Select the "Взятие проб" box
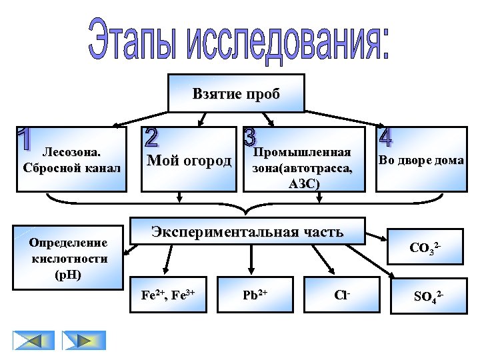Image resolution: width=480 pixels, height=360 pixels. tap(236, 93)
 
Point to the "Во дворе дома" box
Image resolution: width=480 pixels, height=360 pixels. tap(421, 160)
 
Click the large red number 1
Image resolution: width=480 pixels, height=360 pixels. tap(24, 139)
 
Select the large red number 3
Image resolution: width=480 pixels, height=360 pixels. tap(249, 137)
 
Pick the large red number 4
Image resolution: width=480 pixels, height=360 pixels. tap(385, 137)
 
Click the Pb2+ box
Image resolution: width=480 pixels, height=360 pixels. tap(251, 293)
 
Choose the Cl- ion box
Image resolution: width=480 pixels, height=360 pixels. tap(343, 293)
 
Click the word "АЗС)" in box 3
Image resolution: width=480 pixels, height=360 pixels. tap(304, 183)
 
